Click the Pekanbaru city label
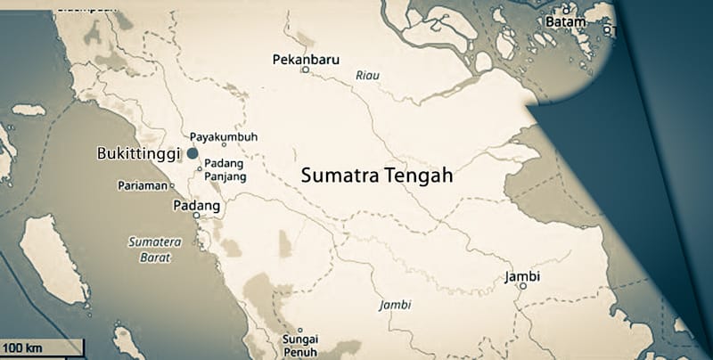(303, 59)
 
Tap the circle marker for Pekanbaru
(305, 70)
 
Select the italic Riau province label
(366, 76)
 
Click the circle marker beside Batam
(607, 29)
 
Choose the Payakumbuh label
(224, 136)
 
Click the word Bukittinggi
(138, 153)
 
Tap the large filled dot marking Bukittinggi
(193, 153)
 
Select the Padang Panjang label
(225, 170)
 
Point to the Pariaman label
(143, 185)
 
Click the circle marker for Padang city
(196, 215)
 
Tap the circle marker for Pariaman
(171, 186)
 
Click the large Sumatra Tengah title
(377, 176)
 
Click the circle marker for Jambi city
(522, 286)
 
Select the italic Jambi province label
(395, 304)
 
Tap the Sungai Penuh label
(300, 346)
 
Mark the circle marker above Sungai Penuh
(300, 331)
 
